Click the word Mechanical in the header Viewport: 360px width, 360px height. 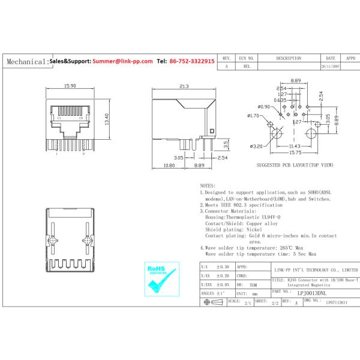[25, 62]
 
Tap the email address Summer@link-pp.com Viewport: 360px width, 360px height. [123, 61]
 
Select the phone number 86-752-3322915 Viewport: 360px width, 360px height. [192, 61]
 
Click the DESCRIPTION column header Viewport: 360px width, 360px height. [289, 59]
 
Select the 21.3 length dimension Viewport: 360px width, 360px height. [184, 87]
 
